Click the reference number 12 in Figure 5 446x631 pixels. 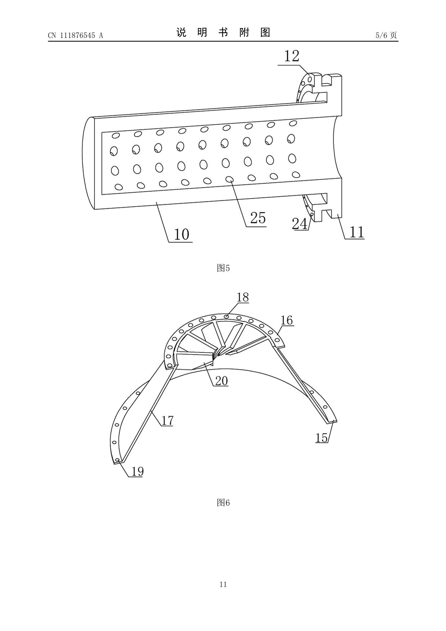(x=292, y=56)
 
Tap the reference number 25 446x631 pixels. (x=258, y=218)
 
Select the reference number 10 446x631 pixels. (x=182, y=234)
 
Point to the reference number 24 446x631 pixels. (x=300, y=224)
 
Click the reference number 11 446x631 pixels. (x=357, y=232)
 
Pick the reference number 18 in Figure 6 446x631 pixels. (x=243, y=297)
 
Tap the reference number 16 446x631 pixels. (x=287, y=320)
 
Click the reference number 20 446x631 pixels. (x=222, y=381)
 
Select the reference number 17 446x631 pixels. (x=167, y=420)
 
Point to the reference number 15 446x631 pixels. (x=322, y=437)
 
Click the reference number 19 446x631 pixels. (x=137, y=471)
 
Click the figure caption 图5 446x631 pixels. (x=223, y=268)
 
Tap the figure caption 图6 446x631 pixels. (x=223, y=503)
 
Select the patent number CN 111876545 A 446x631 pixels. (x=75, y=35)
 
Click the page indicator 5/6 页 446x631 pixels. (x=386, y=35)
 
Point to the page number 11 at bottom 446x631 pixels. (x=223, y=584)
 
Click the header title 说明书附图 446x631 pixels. (x=223, y=33)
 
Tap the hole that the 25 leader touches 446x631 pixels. (x=229, y=178)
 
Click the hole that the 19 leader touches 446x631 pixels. (x=117, y=460)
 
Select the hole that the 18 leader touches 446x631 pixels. (x=226, y=316)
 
